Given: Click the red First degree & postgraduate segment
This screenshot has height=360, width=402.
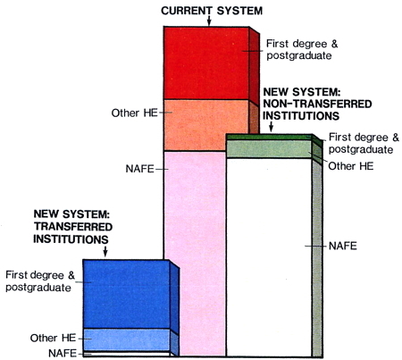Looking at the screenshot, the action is coord(206,63).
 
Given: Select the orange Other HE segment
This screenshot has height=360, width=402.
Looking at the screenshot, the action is coord(206,125).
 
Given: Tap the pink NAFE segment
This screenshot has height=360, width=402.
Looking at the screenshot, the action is coord(195,253).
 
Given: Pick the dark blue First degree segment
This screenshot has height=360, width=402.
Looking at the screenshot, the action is coord(126,294).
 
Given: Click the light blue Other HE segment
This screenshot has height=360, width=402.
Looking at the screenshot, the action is coord(126,339).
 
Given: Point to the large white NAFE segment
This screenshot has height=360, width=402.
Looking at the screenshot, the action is coord(269,257).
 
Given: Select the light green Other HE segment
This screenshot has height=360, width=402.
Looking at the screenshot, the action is coord(269,149).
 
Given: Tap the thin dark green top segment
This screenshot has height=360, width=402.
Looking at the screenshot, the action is coord(269,137).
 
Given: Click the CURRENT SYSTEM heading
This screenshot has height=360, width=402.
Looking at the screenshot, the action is coord(212,11).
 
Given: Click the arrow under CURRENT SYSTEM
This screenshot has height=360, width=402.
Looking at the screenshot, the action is coord(209,21).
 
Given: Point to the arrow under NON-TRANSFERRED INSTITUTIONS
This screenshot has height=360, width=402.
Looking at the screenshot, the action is coord(271,127).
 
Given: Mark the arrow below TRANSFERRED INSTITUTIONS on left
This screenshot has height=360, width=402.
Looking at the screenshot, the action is coord(105,251).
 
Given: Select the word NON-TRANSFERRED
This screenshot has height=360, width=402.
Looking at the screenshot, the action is coord(317,104).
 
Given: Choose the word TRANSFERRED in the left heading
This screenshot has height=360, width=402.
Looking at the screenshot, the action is coord(73,227).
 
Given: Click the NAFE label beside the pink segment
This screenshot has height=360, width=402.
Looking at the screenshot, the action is coord(139,169).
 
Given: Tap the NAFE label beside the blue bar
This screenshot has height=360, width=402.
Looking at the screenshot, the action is coord(63,353).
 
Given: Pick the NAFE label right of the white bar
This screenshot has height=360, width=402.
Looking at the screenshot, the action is coord(343,246).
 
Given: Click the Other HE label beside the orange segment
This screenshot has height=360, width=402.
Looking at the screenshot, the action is coord(134,113).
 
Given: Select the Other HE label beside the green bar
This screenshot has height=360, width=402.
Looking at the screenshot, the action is coord(351,166).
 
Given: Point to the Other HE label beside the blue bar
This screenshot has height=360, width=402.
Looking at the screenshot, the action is coord(53,338).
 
